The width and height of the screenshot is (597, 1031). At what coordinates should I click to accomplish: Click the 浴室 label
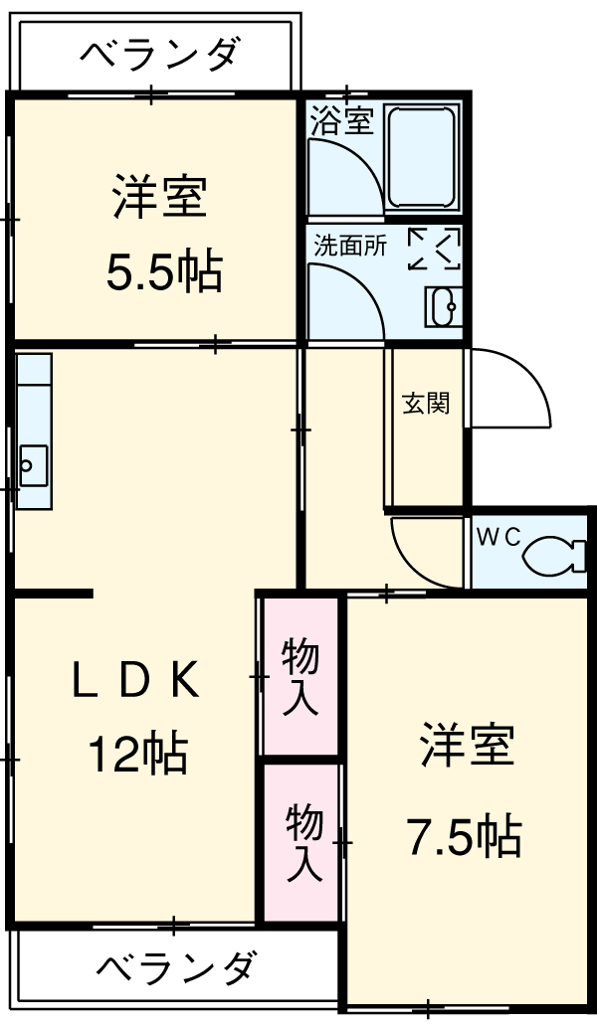point(341,121)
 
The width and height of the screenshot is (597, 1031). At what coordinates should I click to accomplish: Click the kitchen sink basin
point(33,464)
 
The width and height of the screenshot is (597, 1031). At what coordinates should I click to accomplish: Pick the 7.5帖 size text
point(463,836)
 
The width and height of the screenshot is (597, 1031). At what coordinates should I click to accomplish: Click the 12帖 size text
point(138,755)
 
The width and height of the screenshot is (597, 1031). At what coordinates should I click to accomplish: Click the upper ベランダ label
point(159,52)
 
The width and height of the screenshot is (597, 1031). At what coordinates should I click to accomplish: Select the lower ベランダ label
point(178,966)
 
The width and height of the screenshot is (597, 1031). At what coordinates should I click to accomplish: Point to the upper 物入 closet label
point(300,676)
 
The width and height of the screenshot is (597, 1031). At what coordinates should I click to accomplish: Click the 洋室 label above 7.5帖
point(467,747)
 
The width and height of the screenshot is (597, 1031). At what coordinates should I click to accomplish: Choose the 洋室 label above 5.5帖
point(158,196)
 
